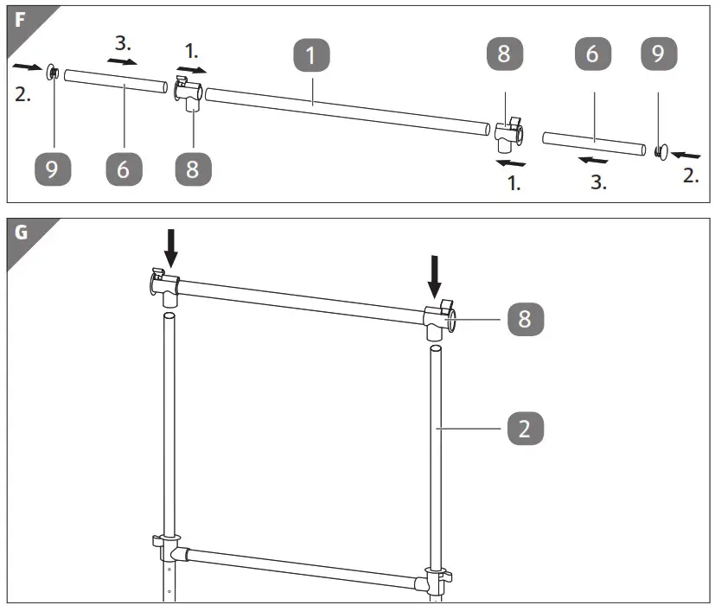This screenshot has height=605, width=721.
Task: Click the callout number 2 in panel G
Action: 525,427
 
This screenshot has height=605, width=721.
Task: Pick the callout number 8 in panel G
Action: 525,319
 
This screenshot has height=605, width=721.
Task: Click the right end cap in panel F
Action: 660,153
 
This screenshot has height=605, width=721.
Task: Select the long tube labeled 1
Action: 346,109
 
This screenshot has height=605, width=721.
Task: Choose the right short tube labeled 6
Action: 593,143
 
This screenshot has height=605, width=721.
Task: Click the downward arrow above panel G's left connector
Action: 171,248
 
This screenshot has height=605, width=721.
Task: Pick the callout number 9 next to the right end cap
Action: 659,55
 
